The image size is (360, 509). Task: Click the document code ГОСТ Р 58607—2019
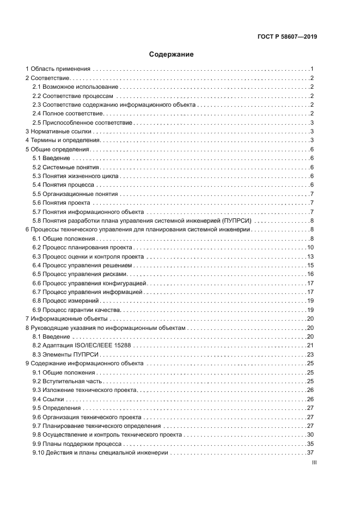point(288,37)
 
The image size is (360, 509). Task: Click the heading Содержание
point(172,55)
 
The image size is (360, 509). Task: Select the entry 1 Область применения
point(58,69)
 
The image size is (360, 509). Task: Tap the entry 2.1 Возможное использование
point(75,87)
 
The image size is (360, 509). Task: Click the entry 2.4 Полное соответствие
point(68,114)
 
